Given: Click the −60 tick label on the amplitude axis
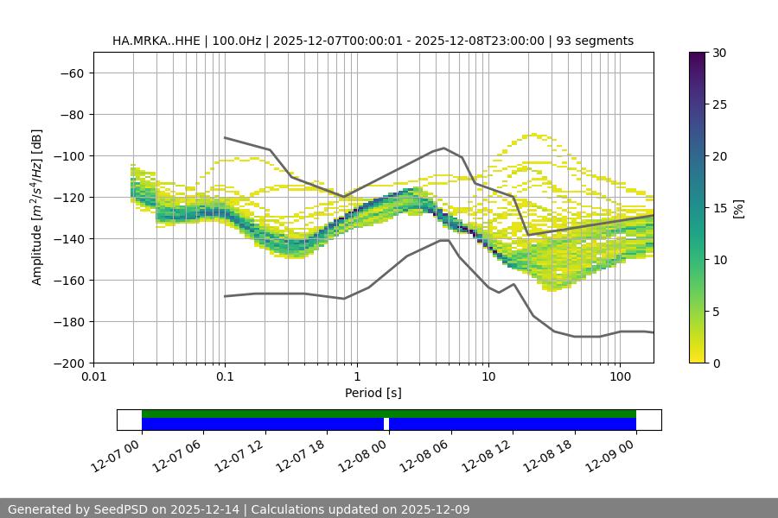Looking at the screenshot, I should click(71, 73).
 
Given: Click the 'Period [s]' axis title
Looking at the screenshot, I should click(373, 393).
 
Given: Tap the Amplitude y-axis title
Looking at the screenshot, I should click(37, 208).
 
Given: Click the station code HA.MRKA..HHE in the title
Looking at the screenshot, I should click(154, 41).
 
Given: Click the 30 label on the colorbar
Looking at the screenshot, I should click(718, 53).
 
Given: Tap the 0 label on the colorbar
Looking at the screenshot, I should click(715, 363).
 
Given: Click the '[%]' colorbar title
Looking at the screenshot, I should click(738, 208).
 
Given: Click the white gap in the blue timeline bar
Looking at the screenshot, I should click(386, 424).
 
